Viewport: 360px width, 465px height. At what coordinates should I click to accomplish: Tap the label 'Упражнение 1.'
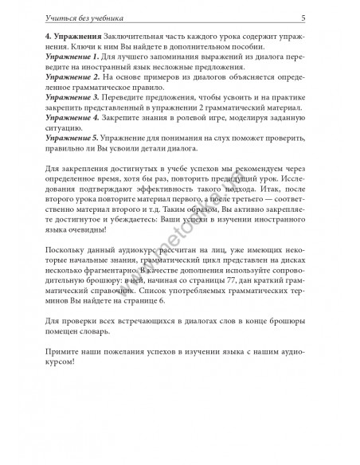[72, 59]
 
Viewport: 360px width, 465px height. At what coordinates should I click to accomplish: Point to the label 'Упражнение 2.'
[72, 82]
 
